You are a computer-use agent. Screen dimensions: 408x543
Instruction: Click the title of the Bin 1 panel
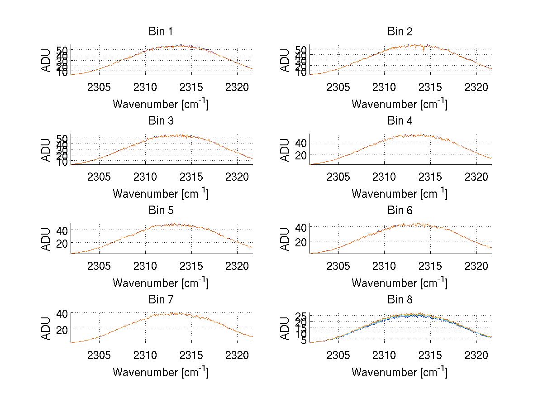point(160,32)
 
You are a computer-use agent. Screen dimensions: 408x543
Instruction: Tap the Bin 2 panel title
point(400,32)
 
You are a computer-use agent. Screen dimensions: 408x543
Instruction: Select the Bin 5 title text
point(160,211)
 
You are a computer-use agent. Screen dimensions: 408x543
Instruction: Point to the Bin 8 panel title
point(400,300)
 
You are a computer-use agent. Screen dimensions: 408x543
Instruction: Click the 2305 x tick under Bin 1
point(99,87)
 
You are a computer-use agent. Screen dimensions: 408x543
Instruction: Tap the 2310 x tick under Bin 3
point(145,176)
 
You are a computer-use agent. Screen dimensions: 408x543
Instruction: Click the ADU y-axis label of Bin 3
point(46,150)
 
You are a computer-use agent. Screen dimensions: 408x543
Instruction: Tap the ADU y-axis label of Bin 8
point(285,328)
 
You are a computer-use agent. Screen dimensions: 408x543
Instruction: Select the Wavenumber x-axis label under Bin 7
point(160,372)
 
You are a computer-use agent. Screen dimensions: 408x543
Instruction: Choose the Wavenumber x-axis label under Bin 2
point(400,104)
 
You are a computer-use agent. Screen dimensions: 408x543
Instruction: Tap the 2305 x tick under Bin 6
point(338,266)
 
